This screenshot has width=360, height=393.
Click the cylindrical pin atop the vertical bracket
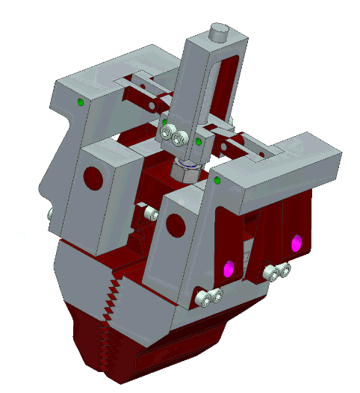pos(219,31)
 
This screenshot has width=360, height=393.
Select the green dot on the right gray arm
pos(217,180)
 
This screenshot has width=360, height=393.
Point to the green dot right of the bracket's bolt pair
pos(198,140)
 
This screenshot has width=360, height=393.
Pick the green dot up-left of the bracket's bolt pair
pos(164,121)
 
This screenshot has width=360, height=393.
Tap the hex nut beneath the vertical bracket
pos(185,169)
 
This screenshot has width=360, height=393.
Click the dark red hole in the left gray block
pos(93,179)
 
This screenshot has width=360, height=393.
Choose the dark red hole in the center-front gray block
pos(176,223)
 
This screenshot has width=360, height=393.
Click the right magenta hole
pos(297,243)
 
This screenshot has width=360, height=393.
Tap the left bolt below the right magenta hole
pos(273,273)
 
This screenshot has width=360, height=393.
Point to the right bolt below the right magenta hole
pos(284,270)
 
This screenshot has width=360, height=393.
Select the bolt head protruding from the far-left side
pos(51,215)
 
